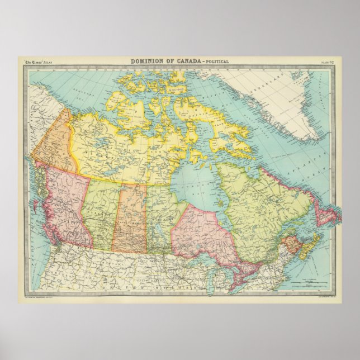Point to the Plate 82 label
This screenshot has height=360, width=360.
tap(327, 61)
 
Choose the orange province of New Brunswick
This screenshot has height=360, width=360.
tap(291, 246)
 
